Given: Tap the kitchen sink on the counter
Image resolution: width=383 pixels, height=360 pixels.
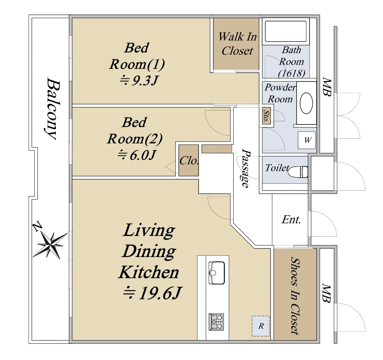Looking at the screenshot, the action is tap(217, 273).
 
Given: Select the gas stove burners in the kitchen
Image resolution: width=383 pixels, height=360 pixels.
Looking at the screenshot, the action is tap(216, 322).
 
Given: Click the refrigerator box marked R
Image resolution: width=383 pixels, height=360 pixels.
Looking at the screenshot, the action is tap(261, 326).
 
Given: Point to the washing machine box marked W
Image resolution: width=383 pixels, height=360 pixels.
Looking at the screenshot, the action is tap(307, 140).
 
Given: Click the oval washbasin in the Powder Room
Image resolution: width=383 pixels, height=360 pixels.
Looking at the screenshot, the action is tap(306, 103).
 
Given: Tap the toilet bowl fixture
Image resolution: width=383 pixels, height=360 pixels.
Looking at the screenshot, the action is tap(298, 172).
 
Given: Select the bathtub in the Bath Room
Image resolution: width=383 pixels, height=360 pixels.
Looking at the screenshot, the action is tap(286, 31).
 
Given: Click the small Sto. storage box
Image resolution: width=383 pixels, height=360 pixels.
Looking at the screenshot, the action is tap(266, 116).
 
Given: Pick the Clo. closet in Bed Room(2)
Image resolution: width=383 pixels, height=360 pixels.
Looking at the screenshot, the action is tap(189, 160).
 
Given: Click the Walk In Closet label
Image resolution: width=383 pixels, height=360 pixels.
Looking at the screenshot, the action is tap(238, 44).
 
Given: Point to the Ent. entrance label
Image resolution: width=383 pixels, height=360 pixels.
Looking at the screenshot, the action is tap(291, 219).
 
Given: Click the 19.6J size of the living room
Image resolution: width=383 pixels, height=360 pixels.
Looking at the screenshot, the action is tap(152, 293).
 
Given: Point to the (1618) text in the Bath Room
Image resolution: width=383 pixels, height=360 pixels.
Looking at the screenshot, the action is tap(292, 73).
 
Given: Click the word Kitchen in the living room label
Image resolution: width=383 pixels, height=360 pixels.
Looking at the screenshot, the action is tap(149, 272).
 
